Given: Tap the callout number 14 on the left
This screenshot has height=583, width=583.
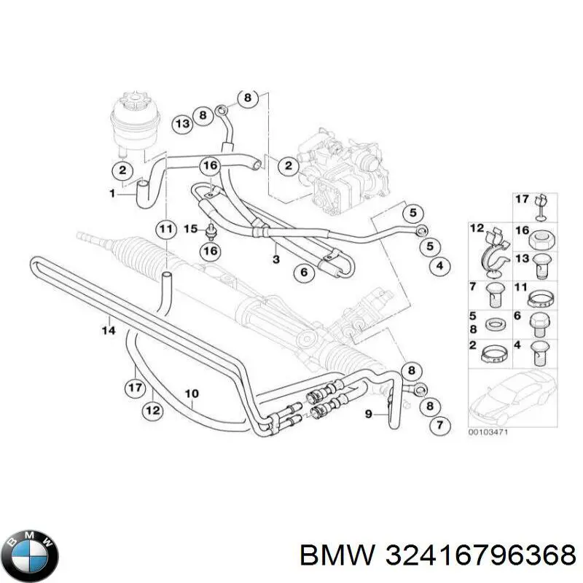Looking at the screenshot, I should pyautogui.click(x=108, y=330).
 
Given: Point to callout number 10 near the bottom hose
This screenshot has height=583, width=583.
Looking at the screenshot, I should pyautogui.click(x=191, y=396).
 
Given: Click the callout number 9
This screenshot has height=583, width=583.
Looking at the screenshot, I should pyautogui.click(x=369, y=414).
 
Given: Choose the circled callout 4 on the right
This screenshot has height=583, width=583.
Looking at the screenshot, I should pyautogui.click(x=439, y=266).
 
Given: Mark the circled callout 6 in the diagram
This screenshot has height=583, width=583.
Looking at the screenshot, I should pyautogui.click(x=304, y=273).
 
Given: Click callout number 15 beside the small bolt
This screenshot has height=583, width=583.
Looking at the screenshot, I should pyautogui.click(x=189, y=229).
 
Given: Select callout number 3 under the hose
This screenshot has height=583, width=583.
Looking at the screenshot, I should pyautogui.click(x=275, y=259).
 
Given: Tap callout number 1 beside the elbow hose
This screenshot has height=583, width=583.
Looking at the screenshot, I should pyautogui.click(x=112, y=193).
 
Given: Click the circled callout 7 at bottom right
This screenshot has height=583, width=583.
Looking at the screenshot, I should pyautogui.click(x=439, y=425).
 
